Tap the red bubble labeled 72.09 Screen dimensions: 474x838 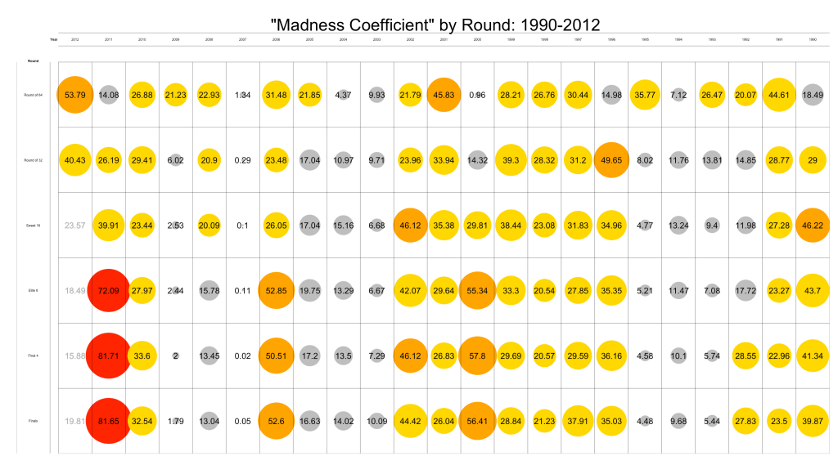point(108,290)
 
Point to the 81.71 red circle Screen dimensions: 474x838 point(108,355)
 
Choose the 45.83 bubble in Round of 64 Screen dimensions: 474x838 point(444,95)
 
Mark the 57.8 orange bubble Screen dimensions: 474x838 point(477,355)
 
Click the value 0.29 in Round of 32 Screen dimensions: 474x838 point(242,160)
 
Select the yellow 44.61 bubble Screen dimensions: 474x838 point(778,95)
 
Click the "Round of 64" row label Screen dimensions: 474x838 point(34,95)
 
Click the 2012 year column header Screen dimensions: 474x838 point(75,39)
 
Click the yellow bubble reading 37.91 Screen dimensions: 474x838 point(578,420)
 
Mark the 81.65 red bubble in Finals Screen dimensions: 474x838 point(108,420)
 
